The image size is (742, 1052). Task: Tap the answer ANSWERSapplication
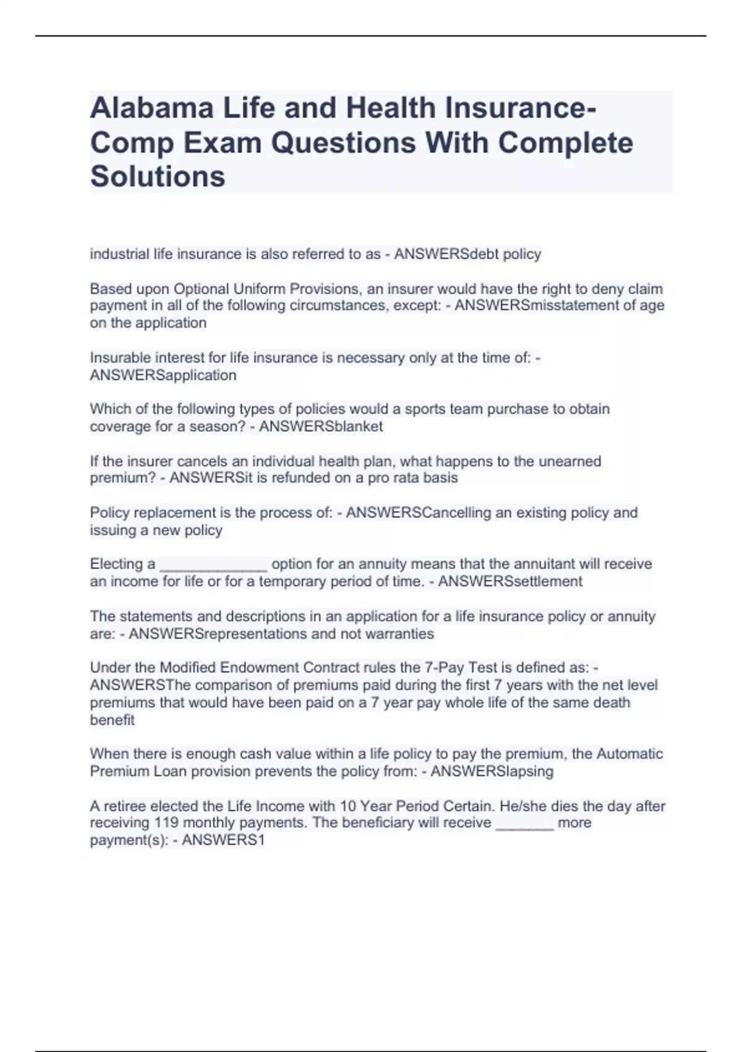(x=163, y=376)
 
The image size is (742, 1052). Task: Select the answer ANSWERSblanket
(x=321, y=426)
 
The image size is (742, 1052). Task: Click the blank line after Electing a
(x=213, y=565)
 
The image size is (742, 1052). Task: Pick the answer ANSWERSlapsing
(x=492, y=772)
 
